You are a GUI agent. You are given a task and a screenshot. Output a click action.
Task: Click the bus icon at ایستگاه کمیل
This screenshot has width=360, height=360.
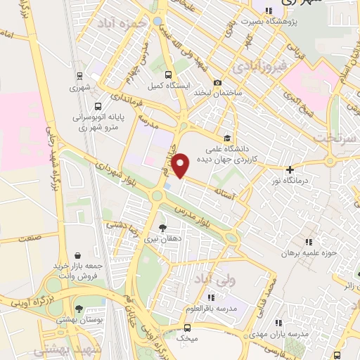click(x=167, y=75)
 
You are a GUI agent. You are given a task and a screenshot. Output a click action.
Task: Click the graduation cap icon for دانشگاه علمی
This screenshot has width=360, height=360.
click(x=226, y=139)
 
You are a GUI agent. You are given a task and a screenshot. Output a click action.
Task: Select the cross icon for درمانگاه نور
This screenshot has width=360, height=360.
click(x=290, y=169)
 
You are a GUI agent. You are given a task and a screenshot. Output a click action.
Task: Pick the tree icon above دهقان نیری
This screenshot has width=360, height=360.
click(x=163, y=228)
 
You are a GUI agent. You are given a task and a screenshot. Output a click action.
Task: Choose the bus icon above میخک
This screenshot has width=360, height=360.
click(x=186, y=328)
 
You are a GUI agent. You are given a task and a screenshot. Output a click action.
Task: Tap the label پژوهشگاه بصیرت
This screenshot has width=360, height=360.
click(x=304, y=21)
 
